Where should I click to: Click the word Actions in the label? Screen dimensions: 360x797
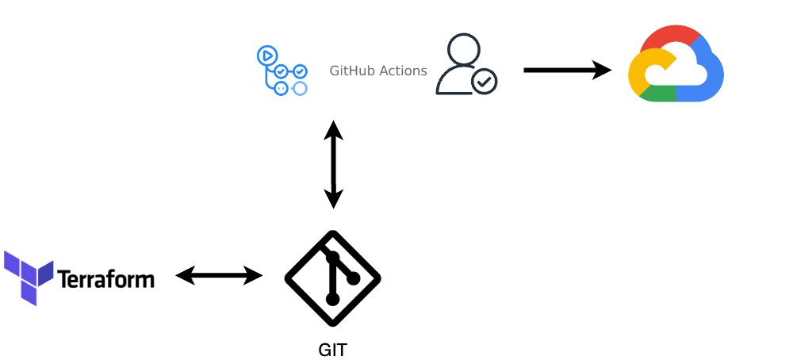point(404,71)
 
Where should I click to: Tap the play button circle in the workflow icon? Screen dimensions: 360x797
point(266,55)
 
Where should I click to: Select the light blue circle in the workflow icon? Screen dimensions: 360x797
point(300,88)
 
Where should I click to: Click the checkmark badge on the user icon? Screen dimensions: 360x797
point(485,81)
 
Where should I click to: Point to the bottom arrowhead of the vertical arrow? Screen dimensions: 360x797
point(334,199)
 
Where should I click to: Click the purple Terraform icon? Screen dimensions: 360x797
point(28,277)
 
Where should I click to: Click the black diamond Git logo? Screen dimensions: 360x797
point(333,278)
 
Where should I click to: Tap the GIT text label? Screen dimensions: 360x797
point(332,350)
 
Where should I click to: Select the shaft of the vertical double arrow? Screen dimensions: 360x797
point(334,165)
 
